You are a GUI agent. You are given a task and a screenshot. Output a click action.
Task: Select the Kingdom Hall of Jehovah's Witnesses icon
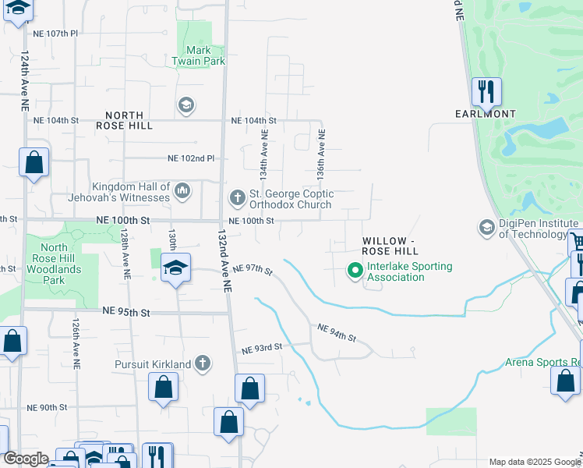coord(182,190)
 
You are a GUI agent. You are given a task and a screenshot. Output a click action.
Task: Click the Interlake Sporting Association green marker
coord(355,271)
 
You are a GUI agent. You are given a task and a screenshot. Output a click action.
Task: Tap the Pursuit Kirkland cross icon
coord(203,363)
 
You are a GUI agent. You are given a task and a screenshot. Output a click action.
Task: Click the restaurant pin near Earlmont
coord(486,91)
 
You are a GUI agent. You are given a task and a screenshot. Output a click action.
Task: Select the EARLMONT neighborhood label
coord(486,114)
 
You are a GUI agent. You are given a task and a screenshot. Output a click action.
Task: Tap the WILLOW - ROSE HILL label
coord(390,246)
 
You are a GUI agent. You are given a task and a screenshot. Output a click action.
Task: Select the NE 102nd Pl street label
coord(191,158)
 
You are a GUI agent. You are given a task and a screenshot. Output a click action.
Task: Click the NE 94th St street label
coord(337,333)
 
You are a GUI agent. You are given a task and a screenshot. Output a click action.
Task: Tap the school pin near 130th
coord(175,268)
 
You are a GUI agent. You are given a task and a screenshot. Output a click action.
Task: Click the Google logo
coord(26,459)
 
